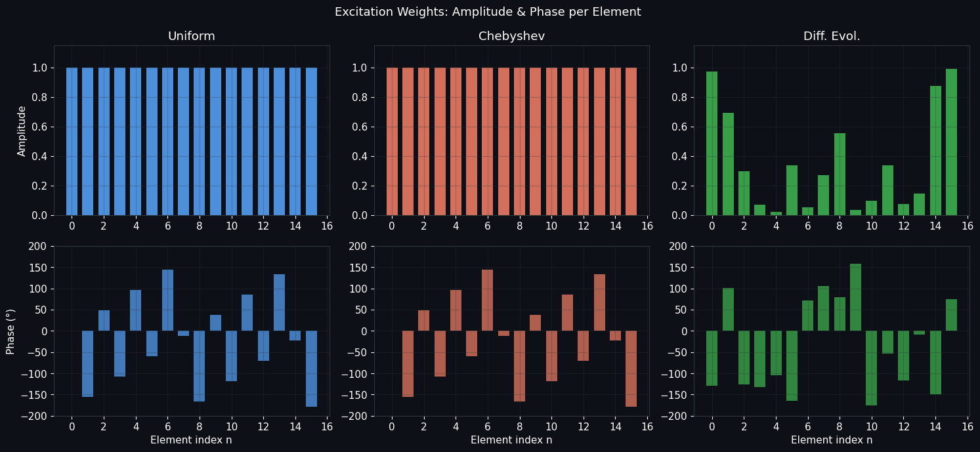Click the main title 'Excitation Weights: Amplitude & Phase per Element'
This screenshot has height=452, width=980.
pos(488,12)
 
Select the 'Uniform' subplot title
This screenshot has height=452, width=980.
pos(191,36)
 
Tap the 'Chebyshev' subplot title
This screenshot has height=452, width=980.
pos(511,36)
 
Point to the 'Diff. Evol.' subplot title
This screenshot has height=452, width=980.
pos(831,36)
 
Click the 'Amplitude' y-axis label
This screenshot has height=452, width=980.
pos(22,131)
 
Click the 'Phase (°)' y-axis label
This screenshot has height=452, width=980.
pos(11,331)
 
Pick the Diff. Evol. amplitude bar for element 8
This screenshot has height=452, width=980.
pos(840,174)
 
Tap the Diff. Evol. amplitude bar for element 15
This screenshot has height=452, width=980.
pos(951,142)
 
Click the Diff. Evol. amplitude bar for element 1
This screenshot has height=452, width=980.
pos(728,164)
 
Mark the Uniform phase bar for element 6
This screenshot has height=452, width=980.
pos(167,300)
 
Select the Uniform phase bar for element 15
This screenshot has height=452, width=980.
pos(311,369)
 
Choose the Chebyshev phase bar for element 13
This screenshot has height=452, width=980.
pos(599,302)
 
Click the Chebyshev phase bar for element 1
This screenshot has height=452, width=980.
pos(408,363)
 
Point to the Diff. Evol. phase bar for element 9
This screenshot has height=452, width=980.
pos(855,297)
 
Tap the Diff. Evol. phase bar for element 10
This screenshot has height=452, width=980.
pos(871,368)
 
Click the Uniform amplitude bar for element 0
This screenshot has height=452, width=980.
pos(72,141)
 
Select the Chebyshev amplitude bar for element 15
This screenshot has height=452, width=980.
pos(631,141)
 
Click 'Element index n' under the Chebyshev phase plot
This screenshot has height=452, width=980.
pos(511,440)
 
